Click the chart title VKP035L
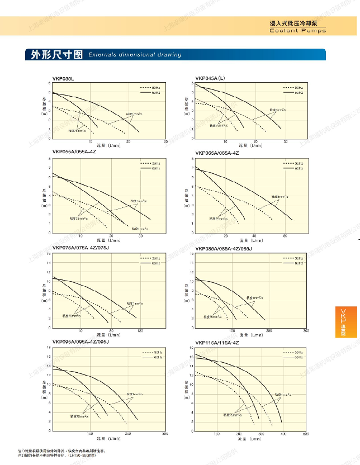pos(63,78)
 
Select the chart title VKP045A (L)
pos(210,78)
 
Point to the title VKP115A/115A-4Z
pos(217,343)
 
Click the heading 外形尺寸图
pos(56,55)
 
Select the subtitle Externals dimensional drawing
pos(135,55)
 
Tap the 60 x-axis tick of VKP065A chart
pos(285,236)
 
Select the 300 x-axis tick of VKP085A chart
pos(306,332)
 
